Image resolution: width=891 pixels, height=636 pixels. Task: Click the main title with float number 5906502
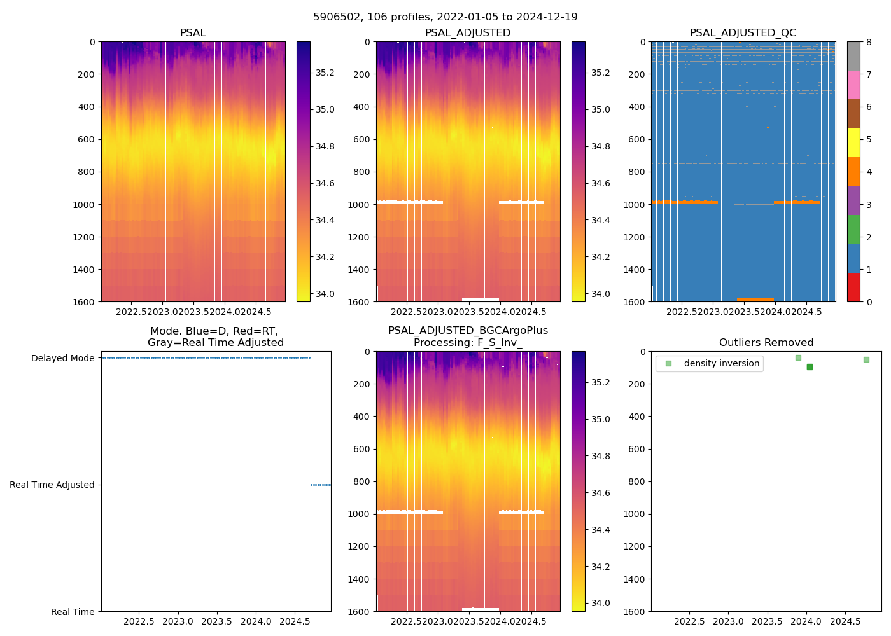tap(445, 17)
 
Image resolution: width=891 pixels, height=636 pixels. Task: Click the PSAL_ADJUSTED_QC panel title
tap(743, 33)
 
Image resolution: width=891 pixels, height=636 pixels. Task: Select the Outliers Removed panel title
tap(766, 343)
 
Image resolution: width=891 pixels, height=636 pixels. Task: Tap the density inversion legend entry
tap(721, 364)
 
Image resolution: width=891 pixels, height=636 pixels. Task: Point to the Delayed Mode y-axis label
tap(62, 358)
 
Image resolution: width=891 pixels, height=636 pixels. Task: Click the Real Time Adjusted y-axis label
tap(52, 485)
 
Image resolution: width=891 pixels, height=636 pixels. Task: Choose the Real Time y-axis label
tap(73, 612)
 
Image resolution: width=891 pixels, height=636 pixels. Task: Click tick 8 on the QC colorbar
tap(869, 42)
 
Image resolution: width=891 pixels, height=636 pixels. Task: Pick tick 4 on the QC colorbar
tap(869, 172)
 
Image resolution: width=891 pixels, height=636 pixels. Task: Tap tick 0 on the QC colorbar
tap(869, 301)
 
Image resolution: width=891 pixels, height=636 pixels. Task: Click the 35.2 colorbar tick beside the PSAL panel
tap(325, 73)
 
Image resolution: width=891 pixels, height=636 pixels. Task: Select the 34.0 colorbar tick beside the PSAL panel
tap(325, 294)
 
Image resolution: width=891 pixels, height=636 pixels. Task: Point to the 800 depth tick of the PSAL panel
tap(87, 172)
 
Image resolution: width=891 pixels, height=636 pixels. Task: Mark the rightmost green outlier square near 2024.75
tap(866, 359)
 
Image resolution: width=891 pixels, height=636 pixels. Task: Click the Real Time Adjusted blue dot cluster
tap(320, 485)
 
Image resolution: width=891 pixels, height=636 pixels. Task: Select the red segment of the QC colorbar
tap(853, 287)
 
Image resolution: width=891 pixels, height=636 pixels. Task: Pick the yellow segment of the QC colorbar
tap(853, 142)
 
